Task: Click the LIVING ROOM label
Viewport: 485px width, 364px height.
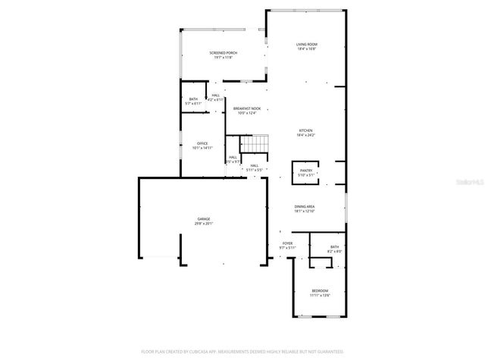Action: [306, 45]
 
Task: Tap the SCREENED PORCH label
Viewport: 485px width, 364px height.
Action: [223, 52]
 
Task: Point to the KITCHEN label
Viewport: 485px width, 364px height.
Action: [306, 130]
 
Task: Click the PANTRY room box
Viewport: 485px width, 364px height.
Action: [306, 172]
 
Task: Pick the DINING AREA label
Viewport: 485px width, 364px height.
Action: [305, 206]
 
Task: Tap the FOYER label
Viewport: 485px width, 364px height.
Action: [287, 243]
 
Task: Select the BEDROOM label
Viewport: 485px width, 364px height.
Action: [320, 291]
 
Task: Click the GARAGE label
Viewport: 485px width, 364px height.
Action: [204, 219]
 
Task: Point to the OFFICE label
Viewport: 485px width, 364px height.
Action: [202, 143]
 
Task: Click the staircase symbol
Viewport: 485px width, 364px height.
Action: [257, 143]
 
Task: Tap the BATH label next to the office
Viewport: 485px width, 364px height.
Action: [193, 99]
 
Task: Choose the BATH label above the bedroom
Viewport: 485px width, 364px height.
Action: [334, 248]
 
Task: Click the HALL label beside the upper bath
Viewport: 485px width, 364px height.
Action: [217, 95]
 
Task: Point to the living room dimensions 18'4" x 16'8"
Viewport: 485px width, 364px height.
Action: [306, 49]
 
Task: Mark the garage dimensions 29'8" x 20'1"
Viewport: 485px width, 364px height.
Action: [204, 224]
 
